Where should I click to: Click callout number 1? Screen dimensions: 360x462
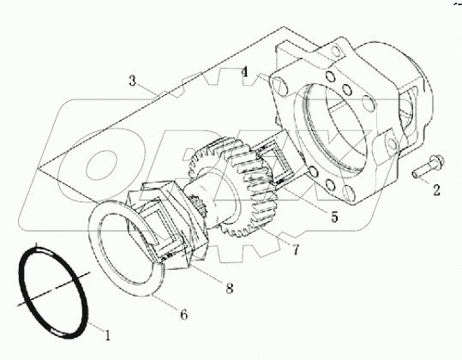tap(106, 331)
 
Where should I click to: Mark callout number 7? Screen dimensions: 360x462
tap(295, 250)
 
